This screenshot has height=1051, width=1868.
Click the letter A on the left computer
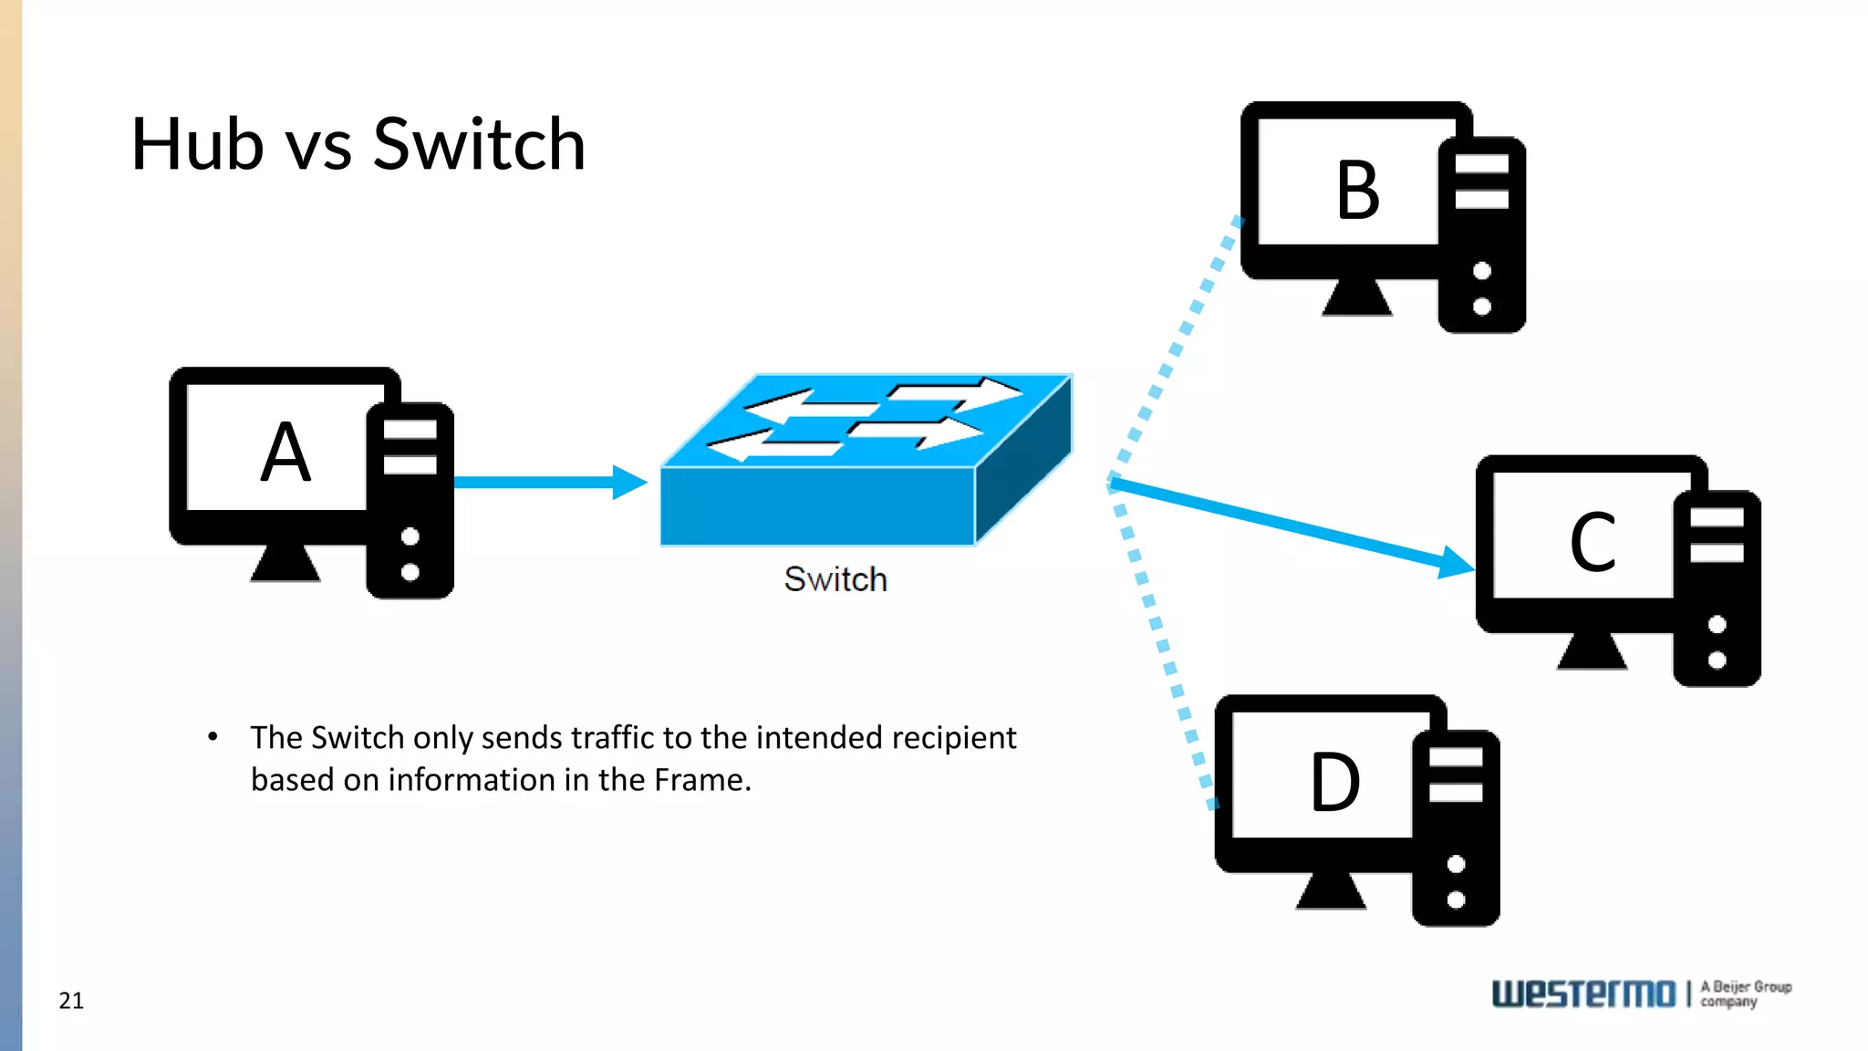click(285, 453)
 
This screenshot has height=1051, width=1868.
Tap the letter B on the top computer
click(1358, 191)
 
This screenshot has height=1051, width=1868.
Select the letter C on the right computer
click(1593, 543)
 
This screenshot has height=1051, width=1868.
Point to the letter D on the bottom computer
click(1335, 783)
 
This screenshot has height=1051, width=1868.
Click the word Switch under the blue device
click(835, 579)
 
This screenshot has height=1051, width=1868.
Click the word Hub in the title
click(197, 144)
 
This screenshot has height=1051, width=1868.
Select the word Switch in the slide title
click(479, 144)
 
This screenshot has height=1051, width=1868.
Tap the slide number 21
click(71, 1001)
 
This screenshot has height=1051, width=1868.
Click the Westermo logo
click(1583, 994)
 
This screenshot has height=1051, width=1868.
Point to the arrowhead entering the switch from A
click(629, 482)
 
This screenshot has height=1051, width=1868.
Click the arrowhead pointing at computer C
click(1456, 562)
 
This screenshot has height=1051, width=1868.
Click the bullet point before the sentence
click(213, 736)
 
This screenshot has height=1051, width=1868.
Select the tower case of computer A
click(410, 502)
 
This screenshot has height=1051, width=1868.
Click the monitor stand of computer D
click(1331, 890)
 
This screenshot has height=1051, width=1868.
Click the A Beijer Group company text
click(1745, 994)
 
